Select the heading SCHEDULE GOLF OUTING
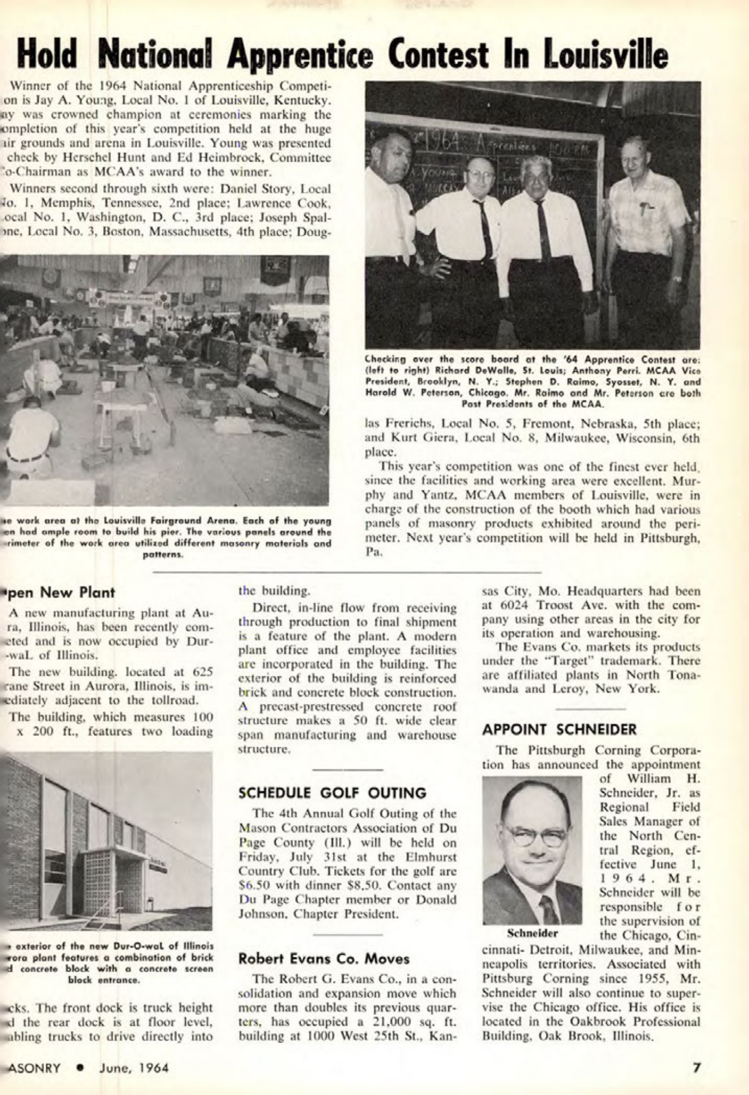tap(332, 792)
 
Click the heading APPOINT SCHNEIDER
tap(559, 729)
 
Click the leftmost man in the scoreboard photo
tap(390, 234)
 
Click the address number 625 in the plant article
tap(201, 671)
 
